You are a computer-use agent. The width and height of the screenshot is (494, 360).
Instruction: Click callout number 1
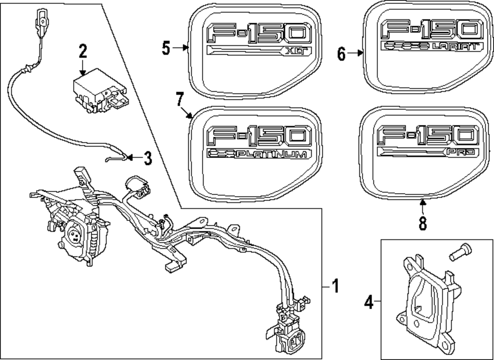click(x=334, y=286)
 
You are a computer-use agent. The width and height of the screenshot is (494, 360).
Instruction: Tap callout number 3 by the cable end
click(x=147, y=158)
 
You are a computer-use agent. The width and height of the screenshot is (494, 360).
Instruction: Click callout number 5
click(x=166, y=48)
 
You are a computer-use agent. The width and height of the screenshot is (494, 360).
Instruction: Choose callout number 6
click(x=341, y=53)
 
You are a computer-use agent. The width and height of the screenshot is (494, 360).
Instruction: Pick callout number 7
click(x=179, y=101)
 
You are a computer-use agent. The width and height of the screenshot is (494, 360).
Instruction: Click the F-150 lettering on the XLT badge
click(x=260, y=34)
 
